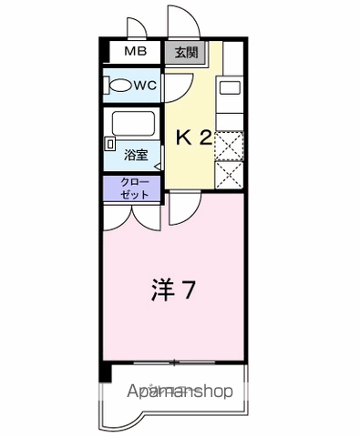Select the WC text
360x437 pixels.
tap(146, 86)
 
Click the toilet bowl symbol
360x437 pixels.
tap(120, 87)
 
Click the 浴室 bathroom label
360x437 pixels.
tap(137, 156)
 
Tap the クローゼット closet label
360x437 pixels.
tap(133, 188)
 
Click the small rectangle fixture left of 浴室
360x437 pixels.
tap(109, 143)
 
